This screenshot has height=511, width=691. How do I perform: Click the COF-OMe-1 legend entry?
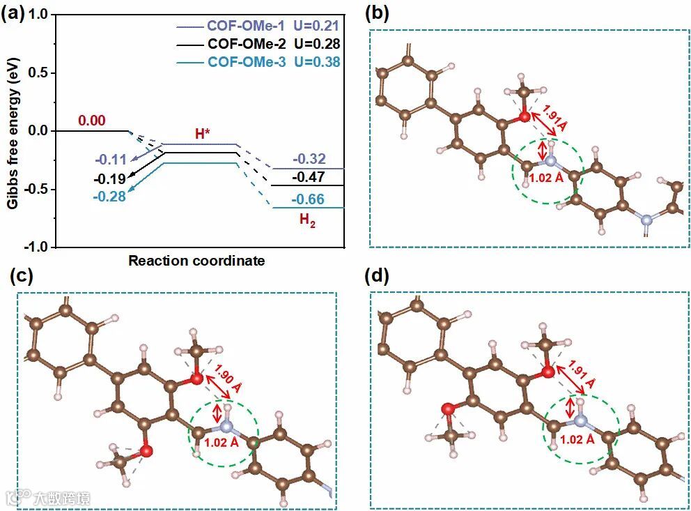click(x=247, y=26)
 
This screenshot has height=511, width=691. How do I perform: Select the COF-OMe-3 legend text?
click(x=247, y=62)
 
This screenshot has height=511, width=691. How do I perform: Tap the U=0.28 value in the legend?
click(x=317, y=44)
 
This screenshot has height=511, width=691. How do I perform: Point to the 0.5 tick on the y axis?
click(x=42, y=73)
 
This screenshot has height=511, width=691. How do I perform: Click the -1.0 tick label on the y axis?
click(x=39, y=247)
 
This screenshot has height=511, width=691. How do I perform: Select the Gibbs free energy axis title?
click(x=13, y=130)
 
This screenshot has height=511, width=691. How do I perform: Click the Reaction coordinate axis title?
click(x=196, y=261)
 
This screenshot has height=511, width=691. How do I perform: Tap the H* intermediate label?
click(x=203, y=133)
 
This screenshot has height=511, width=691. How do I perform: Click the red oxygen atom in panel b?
click(x=524, y=117)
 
